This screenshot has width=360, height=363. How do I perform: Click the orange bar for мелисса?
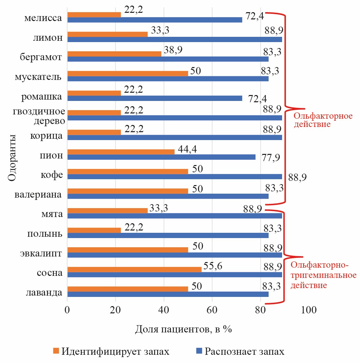(94, 14)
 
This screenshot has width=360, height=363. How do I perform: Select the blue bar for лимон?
(174, 39)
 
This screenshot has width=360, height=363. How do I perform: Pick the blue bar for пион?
(161, 157)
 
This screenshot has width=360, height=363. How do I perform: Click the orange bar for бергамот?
(114, 54)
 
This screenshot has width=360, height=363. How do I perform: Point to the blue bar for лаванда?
(168, 294)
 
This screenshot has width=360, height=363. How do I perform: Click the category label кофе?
(52, 175)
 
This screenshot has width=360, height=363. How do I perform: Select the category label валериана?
(38, 194)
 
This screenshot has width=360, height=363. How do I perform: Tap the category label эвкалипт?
(41, 254)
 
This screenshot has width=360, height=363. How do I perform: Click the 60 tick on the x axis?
(212, 310)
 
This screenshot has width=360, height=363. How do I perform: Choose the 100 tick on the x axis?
(308, 310)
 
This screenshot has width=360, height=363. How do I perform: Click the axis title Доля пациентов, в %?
(183, 329)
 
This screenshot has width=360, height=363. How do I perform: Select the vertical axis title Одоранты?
(12, 157)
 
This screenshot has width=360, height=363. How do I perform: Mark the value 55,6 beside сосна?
(212, 266)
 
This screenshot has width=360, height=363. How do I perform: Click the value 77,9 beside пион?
(271, 158)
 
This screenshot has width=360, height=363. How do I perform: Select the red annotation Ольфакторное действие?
(323, 120)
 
